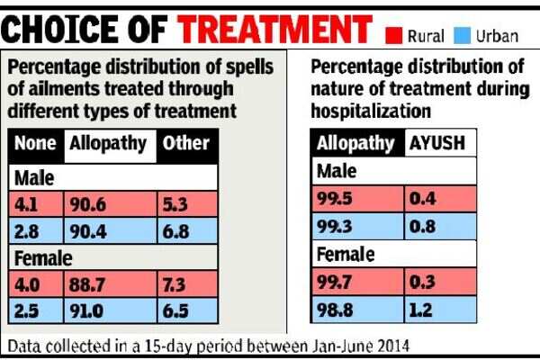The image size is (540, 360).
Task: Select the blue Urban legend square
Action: (x=463, y=37)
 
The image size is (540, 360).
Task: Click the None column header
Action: (x=37, y=143)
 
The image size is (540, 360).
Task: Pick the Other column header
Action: (x=187, y=143)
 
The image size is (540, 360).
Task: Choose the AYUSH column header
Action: (x=434, y=143)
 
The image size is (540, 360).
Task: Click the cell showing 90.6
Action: (x=91, y=203)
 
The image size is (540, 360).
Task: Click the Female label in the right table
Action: (x=345, y=255)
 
